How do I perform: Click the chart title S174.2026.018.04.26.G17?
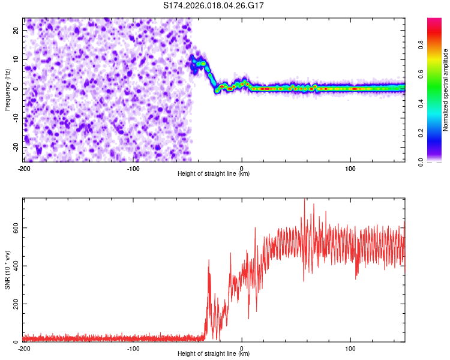pyautogui.click(x=214, y=5)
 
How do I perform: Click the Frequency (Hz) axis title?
pyautogui.click(x=8, y=89)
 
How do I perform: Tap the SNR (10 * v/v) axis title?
pyautogui.click(x=8, y=269)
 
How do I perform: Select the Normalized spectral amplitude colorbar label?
pyautogui.click(x=446, y=91)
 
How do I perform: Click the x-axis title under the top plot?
pyautogui.click(x=214, y=173)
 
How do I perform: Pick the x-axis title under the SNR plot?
pyautogui.click(x=214, y=353)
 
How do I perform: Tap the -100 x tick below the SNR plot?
pyautogui.click(x=133, y=348)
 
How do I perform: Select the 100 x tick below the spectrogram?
pyautogui.click(x=350, y=168)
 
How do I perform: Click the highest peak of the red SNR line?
pyautogui.click(x=305, y=200)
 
